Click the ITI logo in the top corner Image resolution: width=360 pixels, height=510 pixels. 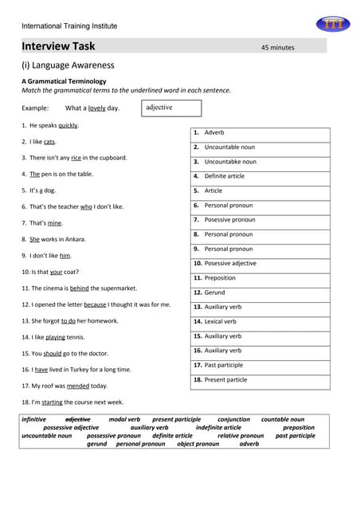tap(331, 24)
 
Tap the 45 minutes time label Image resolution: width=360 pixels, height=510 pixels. tap(277, 48)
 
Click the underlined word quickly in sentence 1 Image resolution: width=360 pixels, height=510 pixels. tap(68, 125)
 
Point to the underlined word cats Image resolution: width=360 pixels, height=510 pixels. tap(49, 142)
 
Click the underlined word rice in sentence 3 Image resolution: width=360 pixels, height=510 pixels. tap(76, 158)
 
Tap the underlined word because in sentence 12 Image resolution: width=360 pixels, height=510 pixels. tap(95, 304)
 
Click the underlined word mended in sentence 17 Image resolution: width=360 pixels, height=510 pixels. tap(78, 386)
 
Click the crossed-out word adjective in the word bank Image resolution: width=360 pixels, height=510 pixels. tap(77, 419)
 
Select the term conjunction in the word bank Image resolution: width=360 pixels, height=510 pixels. tap(233, 419)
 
